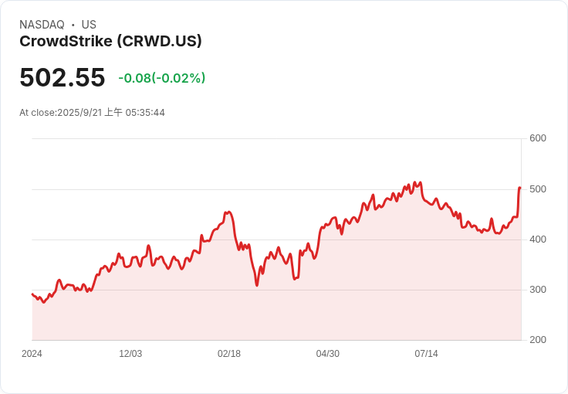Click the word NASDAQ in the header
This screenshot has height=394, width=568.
point(42,25)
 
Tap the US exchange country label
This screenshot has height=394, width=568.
point(89,25)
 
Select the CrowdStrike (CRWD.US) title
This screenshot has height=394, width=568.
point(110,42)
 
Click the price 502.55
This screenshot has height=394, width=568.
point(62,78)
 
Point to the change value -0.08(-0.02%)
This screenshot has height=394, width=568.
point(161,78)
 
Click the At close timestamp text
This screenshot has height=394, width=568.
point(92,113)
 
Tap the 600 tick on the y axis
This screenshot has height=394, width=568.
point(537,138)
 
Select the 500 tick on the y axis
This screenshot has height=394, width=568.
point(537,189)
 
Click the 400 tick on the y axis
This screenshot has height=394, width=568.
point(537,239)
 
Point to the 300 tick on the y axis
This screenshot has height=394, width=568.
point(537,290)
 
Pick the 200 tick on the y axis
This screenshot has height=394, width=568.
point(537,340)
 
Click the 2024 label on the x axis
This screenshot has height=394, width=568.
point(32,354)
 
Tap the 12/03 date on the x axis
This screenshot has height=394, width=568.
point(130,354)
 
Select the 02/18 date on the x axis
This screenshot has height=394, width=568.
point(229,354)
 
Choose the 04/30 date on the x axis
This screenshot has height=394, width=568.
point(328,354)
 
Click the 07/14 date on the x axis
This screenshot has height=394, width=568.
point(426,354)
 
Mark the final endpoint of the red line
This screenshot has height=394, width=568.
point(520,188)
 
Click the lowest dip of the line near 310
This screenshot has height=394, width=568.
point(257,285)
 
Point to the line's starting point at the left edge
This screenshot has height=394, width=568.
point(32,294)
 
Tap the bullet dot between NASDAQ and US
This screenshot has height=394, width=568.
point(73,25)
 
